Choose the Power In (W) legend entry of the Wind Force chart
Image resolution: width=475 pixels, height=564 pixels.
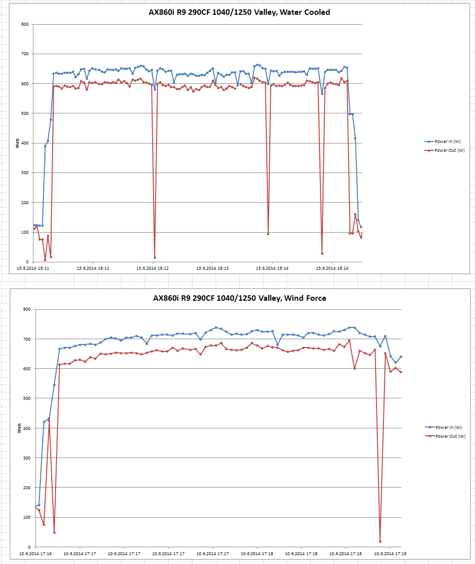pos(448,427)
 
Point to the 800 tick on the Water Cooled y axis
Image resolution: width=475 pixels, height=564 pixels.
pos(25,24)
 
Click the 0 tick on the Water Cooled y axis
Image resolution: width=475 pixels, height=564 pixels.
pos(28,262)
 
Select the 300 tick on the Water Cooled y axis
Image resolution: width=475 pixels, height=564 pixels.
pos(25,173)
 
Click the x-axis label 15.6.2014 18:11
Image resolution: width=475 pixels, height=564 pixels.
pos(33,269)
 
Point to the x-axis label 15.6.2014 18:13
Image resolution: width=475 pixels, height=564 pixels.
pos(212,269)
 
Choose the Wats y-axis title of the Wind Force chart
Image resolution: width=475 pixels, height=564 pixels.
pos(18,428)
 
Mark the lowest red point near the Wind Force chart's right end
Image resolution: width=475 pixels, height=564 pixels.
pos(380,541)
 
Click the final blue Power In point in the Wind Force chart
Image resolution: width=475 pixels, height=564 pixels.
pos(401,356)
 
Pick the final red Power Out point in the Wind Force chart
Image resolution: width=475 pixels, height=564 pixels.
pos(401,372)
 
